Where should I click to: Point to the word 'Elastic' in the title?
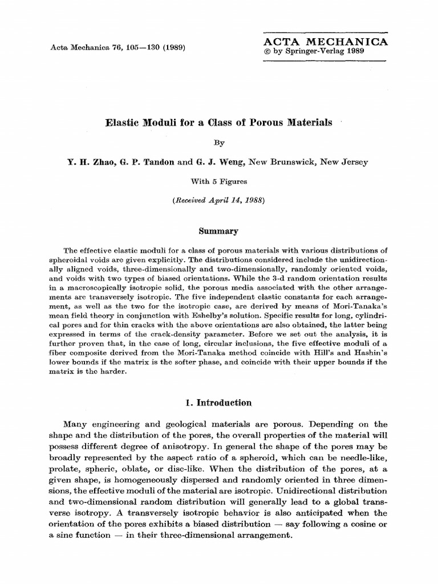123,123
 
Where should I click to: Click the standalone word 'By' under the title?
218,144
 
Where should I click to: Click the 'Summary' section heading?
218,231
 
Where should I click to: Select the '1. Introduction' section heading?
218,403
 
